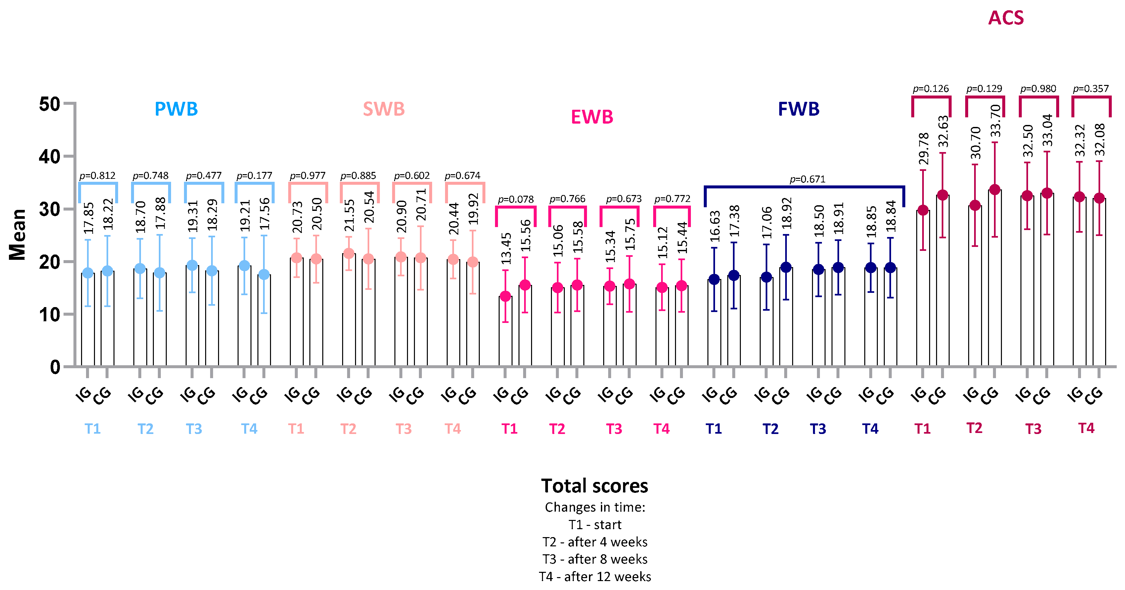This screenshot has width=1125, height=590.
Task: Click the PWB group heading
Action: pyautogui.click(x=176, y=109)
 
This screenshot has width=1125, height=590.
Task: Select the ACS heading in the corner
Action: pyautogui.click(x=1006, y=18)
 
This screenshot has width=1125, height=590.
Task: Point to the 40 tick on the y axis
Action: pyautogui.click(x=49, y=157)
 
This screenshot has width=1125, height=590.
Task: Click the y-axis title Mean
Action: pyautogui.click(x=18, y=234)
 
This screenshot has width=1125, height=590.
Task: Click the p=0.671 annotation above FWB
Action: pyautogui.click(x=807, y=179)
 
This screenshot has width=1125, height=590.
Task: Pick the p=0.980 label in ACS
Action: pyautogui.click(x=1038, y=89)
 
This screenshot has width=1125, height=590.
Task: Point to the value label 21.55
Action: pyautogui.click(x=349, y=215)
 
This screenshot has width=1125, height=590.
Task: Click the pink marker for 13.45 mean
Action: pyautogui.click(x=505, y=296)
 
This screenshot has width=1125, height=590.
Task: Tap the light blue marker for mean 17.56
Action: pyautogui.click(x=264, y=274)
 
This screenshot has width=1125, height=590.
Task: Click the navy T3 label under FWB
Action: pyautogui.click(x=818, y=429)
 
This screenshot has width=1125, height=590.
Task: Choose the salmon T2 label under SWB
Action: pyautogui.click(x=348, y=429)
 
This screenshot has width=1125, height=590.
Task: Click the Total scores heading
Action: pyautogui.click(x=594, y=486)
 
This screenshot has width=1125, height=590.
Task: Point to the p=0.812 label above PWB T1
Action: pyautogui.click(x=97, y=176)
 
